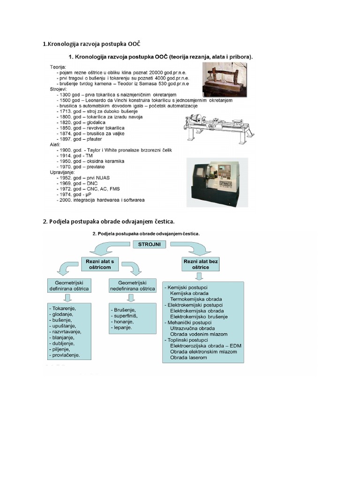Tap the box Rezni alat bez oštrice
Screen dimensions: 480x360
pos(200,263)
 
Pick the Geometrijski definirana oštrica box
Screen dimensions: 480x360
pos(68,285)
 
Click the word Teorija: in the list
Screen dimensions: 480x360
pos(59,67)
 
